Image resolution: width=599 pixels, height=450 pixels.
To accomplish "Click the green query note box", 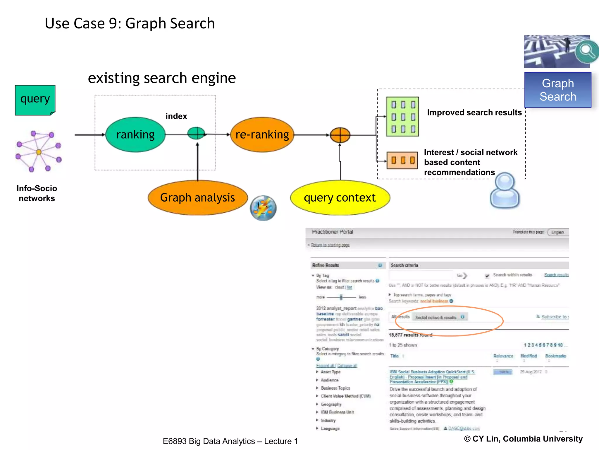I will point(35,100).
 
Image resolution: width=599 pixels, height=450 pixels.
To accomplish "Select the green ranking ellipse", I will point(135,135).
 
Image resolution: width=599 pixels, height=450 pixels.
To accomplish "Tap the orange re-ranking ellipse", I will point(262,135).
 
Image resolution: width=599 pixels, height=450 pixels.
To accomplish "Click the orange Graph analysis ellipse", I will point(197,198).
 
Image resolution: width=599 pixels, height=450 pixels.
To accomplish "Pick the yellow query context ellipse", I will point(340,198).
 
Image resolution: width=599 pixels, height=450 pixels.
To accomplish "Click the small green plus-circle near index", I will point(196,133).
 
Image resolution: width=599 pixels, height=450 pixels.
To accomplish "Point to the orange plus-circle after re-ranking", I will point(340,135).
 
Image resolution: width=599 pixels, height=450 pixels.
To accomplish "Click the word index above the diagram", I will point(176,116).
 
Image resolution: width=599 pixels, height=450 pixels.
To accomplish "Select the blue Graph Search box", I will point(558,90).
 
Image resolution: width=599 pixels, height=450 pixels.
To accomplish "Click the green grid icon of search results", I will point(402,117).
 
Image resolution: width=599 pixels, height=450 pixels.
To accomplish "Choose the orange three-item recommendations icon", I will point(402,160).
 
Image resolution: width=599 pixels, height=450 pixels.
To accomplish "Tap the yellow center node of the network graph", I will point(39,152).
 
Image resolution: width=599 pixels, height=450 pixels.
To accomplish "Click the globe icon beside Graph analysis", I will point(263,208).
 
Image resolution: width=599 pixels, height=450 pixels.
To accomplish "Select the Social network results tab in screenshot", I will point(436,317).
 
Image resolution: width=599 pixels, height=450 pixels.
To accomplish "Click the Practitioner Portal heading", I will point(333,232).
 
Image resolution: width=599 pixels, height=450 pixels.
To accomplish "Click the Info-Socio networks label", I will point(37,193).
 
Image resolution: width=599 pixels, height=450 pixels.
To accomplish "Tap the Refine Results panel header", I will point(326,265).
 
